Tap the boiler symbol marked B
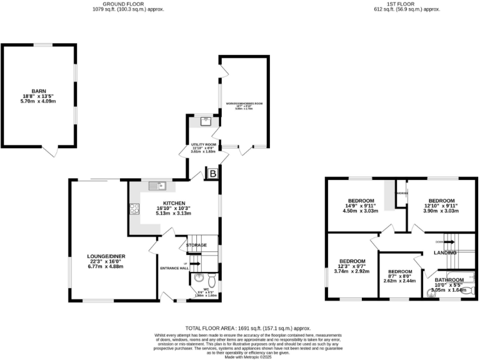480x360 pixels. pyautogui.click(x=212, y=174)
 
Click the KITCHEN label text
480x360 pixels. pyautogui.click(x=174, y=203)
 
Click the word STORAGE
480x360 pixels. pyautogui.click(x=196, y=246)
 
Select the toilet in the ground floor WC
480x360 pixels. pyautogui.click(x=210, y=277)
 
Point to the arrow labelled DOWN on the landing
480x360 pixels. pyautogui.click(x=439, y=241)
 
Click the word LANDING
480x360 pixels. pyautogui.click(x=445, y=252)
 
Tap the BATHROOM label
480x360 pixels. pyautogui.click(x=449, y=280)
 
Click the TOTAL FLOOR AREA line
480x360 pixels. pyautogui.click(x=240, y=328)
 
